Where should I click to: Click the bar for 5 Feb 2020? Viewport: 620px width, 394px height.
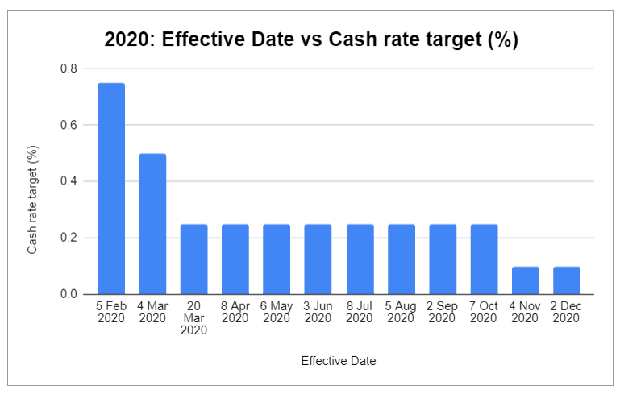(111, 189)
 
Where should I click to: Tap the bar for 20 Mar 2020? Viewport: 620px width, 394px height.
(193, 259)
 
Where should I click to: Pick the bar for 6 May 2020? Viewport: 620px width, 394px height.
(277, 259)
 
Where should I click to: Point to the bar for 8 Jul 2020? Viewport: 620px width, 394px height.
(360, 259)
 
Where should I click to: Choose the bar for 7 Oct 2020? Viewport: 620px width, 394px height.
(484, 259)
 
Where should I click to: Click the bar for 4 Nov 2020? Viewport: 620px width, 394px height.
(525, 280)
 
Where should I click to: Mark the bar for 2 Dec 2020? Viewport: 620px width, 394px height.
(567, 280)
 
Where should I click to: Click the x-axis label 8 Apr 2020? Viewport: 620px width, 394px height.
(235, 312)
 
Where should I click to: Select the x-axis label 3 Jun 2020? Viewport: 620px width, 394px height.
(318, 312)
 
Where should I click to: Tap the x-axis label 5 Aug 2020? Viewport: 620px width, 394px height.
(401, 312)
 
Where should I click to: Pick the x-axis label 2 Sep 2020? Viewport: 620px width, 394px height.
(443, 312)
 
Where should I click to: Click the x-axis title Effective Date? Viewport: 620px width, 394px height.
(339, 361)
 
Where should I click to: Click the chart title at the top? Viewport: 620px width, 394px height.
(311, 39)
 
